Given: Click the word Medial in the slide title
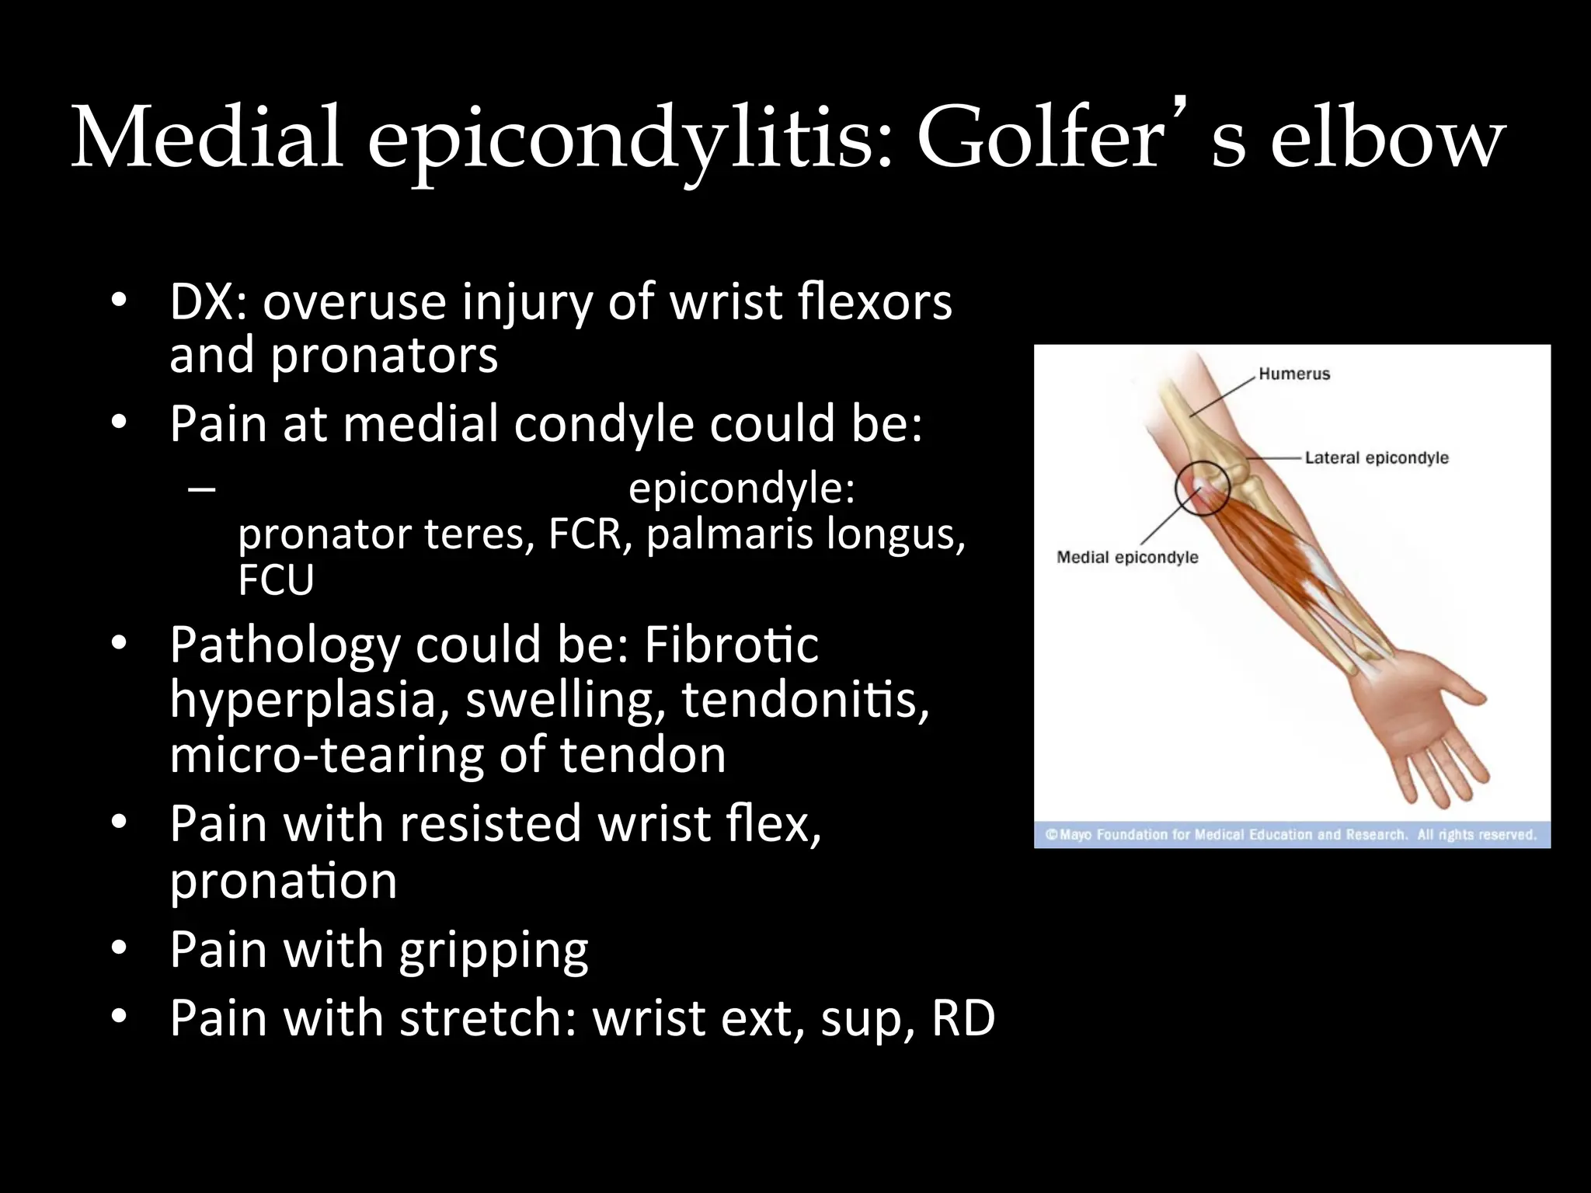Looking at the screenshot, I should (207, 138).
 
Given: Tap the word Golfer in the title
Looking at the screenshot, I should (1041, 138).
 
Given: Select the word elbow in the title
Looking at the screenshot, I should (1387, 138).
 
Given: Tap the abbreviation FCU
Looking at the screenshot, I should (276, 579).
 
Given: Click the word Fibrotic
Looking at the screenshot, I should (731, 645).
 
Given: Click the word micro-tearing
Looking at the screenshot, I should (327, 755).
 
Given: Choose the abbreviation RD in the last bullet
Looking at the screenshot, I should (963, 1017).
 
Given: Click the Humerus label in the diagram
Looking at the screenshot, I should (1294, 374).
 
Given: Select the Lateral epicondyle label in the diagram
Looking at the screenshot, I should (1377, 458).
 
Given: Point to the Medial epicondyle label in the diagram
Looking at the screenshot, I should (1127, 558).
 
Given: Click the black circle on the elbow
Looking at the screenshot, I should (1203, 487).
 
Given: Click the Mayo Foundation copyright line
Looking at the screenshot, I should (1291, 835).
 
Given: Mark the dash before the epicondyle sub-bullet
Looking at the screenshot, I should (201, 489).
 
